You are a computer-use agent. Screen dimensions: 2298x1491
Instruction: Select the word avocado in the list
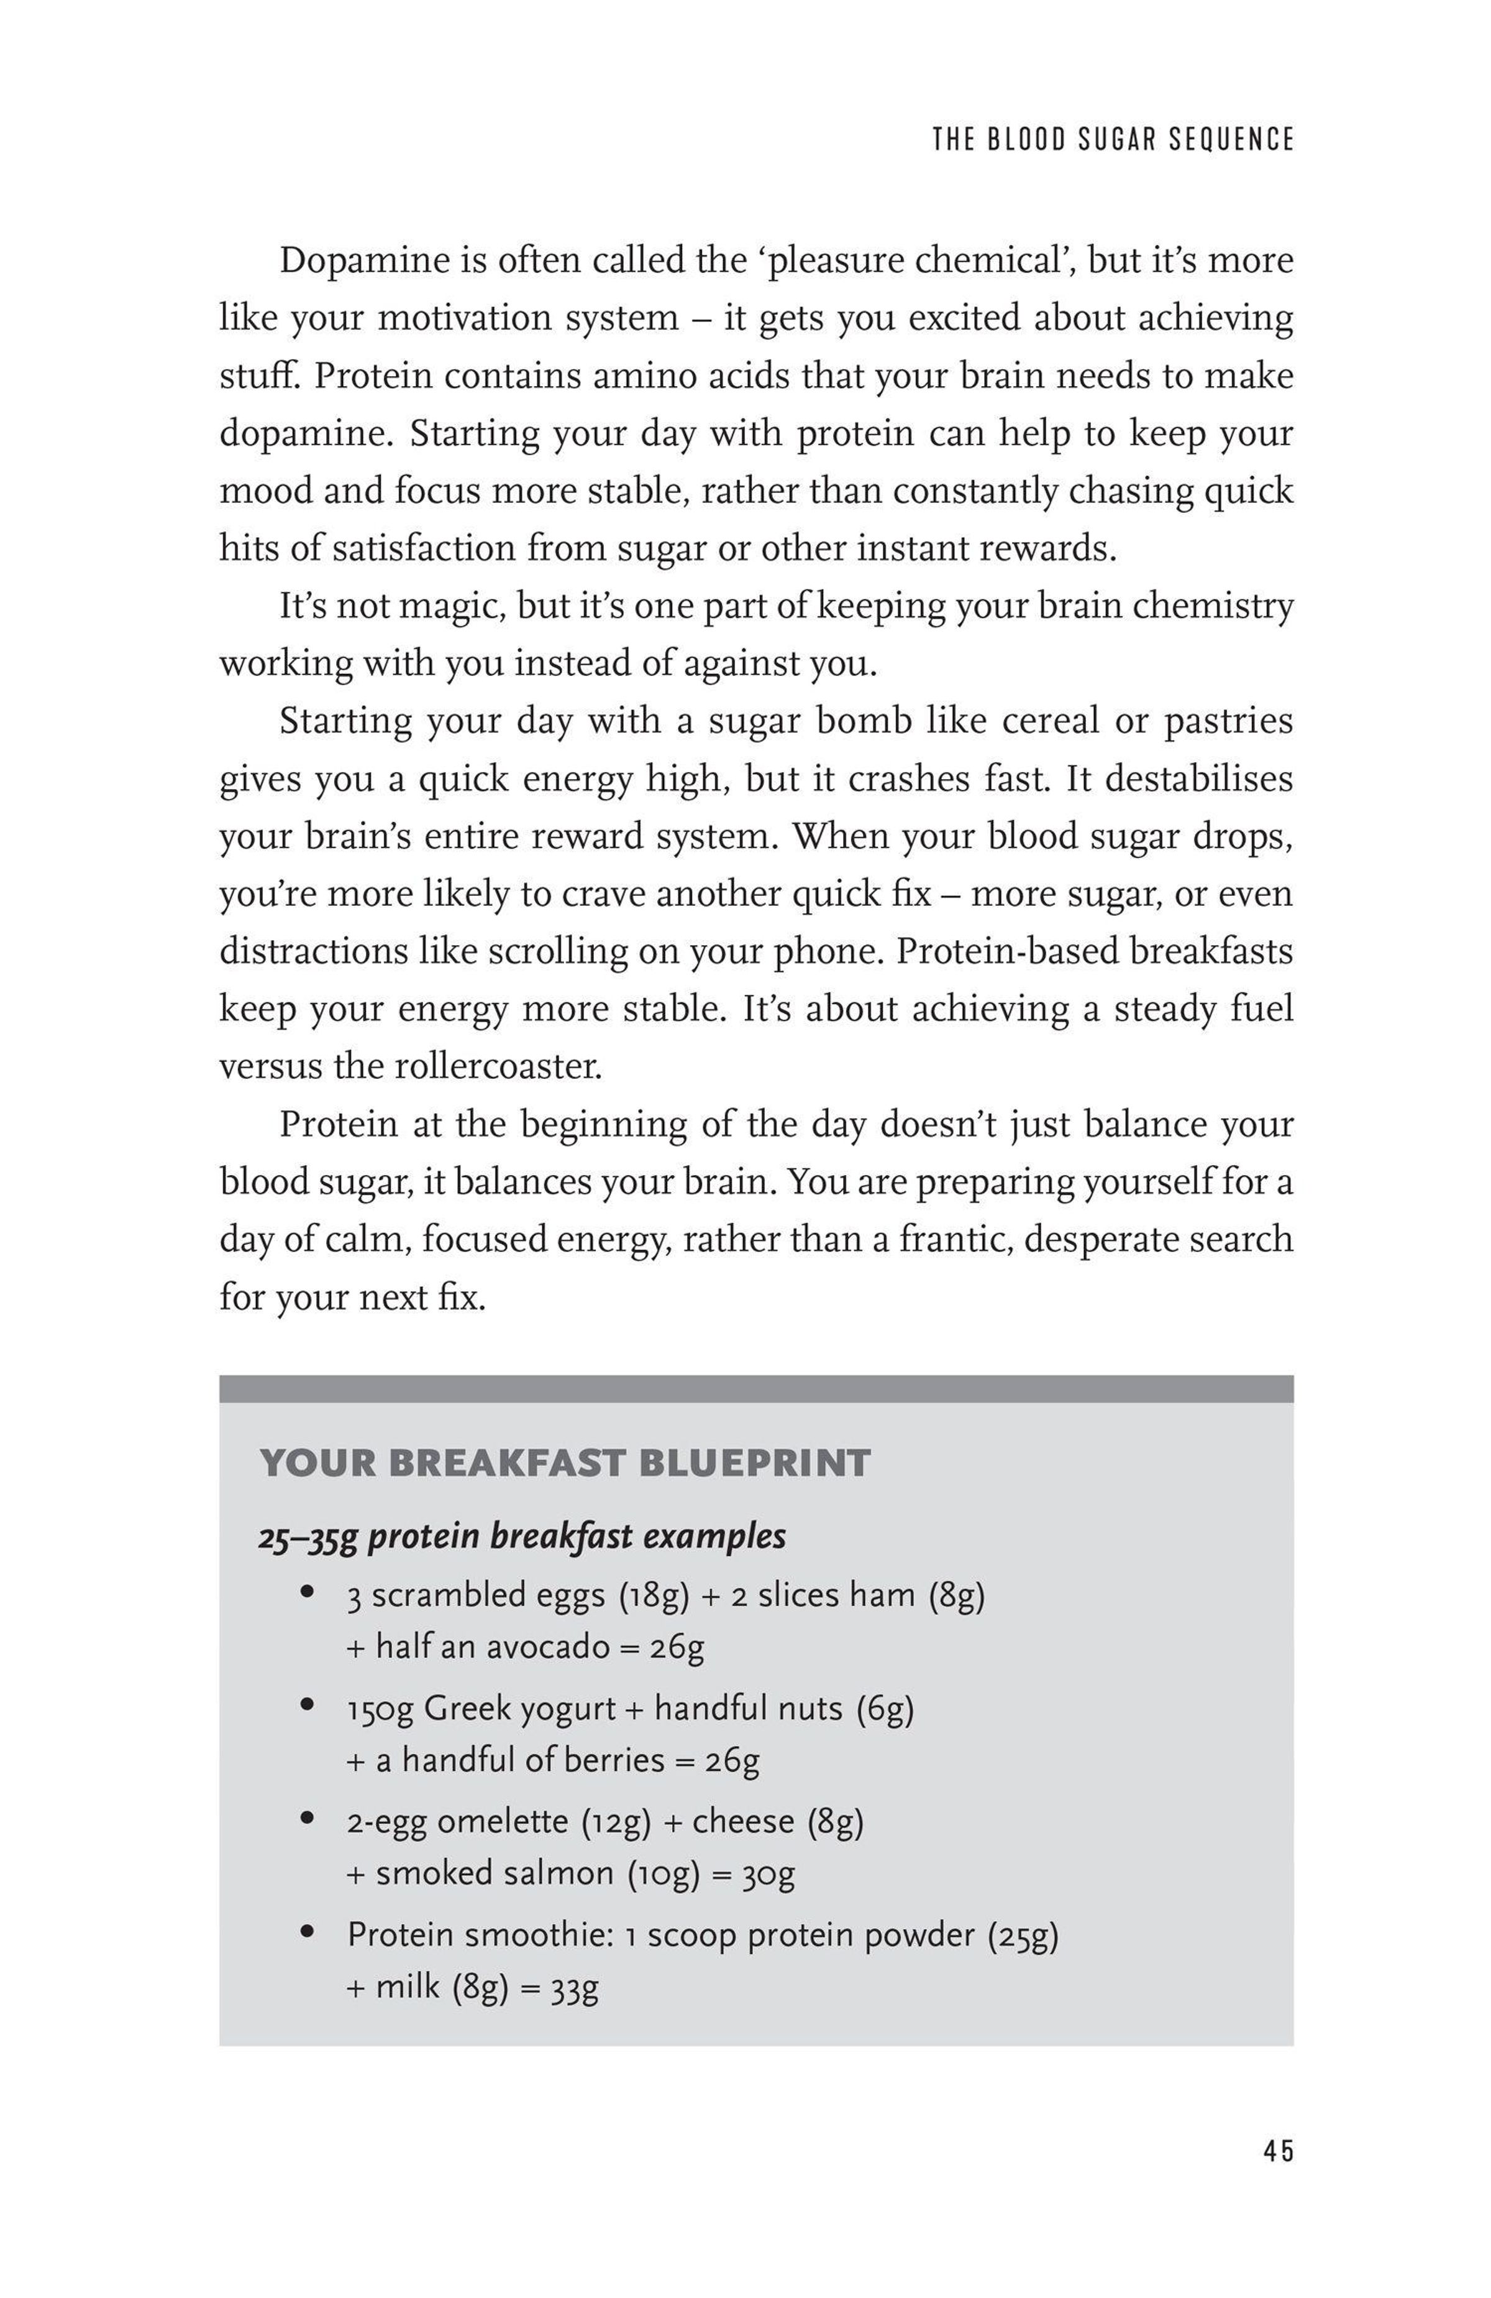coord(548,1646)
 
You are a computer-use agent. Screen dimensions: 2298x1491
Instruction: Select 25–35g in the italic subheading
coord(308,1536)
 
